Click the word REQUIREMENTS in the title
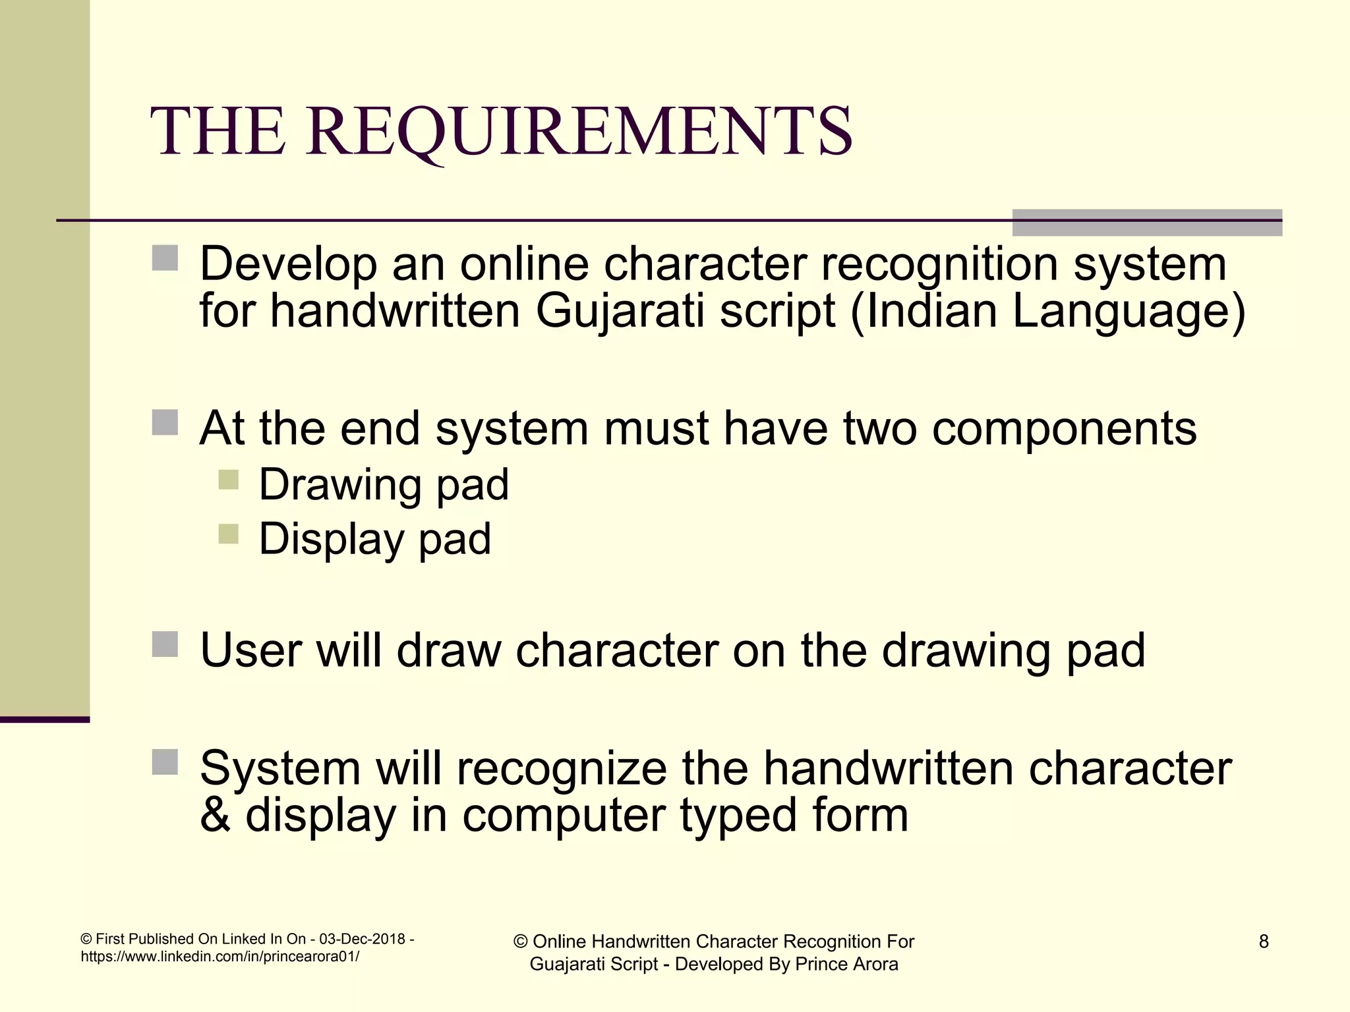[x=579, y=132]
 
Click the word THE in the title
[x=218, y=132]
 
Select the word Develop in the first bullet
[x=288, y=265]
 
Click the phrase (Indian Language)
[x=1047, y=311]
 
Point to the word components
[x=1064, y=429]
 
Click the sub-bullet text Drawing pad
[x=384, y=485]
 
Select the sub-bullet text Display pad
[x=374, y=539]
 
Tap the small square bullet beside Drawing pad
[x=228, y=479]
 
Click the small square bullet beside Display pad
[x=228, y=533]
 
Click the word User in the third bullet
[x=250, y=651]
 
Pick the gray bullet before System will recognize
[x=165, y=762]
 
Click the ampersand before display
[x=215, y=816]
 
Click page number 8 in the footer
[x=1263, y=942]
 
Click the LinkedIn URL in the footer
[x=220, y=957]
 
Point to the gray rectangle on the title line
[x=1146, y=223]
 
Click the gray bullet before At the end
[x=165, y=423]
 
